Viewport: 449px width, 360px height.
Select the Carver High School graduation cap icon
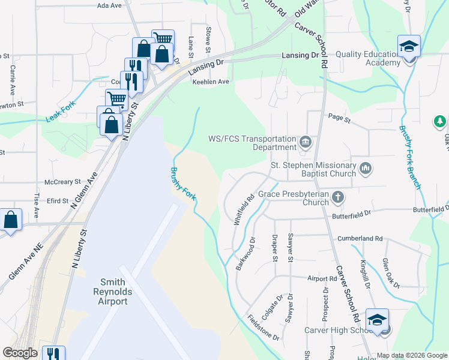click(378, 320)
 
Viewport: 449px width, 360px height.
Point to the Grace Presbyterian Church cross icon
click(338, 196)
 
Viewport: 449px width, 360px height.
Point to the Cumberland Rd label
click(360, 238)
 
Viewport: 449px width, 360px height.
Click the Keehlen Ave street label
click(211, 82)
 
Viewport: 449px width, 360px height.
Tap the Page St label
click(339, 119)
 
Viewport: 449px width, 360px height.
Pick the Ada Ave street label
click(109, 5)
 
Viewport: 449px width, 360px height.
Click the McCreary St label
click(62, 182)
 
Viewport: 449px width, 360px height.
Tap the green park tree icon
click(440, 122)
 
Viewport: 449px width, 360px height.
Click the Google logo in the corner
click(20, 353)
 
